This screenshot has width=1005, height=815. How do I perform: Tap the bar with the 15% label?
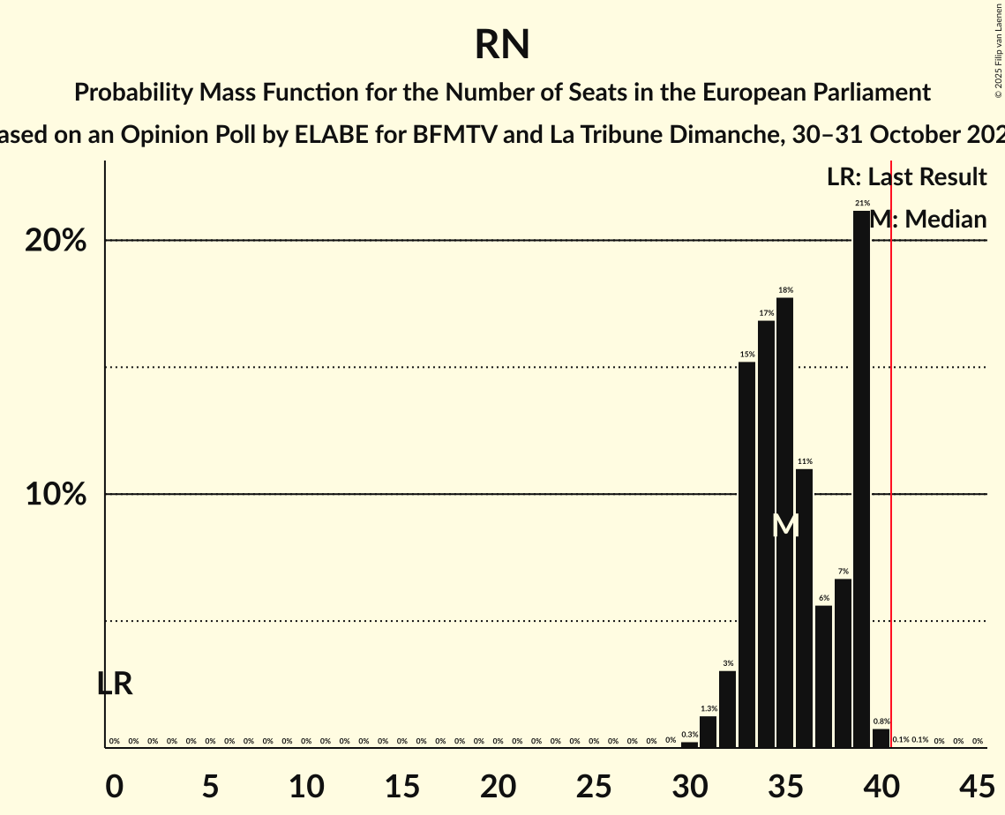746,555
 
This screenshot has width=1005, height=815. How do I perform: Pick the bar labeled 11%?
804,609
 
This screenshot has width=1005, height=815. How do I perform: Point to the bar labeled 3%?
727,709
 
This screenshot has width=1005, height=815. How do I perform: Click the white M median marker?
784,526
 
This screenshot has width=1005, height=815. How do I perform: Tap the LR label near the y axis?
115,684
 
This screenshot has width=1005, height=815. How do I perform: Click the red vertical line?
891,441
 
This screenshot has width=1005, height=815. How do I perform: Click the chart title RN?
502,44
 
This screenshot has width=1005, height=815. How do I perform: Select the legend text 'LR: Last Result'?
906,177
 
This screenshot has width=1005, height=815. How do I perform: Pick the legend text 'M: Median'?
928,220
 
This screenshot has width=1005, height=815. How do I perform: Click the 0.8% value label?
881,722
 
